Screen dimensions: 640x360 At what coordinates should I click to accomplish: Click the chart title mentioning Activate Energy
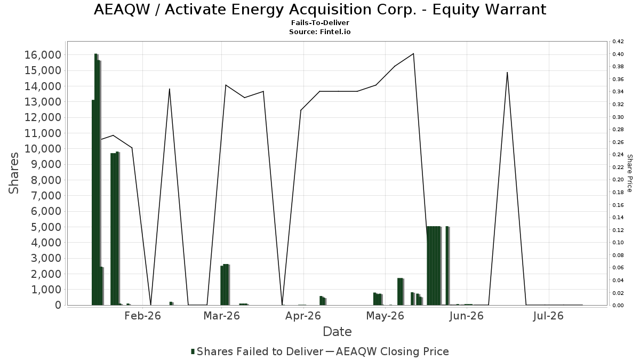(x=320, y=10)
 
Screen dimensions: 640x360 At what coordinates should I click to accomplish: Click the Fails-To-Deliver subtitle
(x=320, y=22)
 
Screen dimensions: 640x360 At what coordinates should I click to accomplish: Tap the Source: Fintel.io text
(x=319, y=31)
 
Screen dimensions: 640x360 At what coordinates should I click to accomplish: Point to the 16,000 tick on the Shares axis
(x=43, y=55)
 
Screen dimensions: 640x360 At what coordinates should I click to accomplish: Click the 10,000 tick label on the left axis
(x=43, y=149)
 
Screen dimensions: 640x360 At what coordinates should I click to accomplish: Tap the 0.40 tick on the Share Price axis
(x=618, y=54)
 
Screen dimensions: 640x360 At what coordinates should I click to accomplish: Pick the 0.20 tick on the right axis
(x=618, y=179)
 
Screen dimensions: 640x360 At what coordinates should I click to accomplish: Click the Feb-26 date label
(x=142, y=316)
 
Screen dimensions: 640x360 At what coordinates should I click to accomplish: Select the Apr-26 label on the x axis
(x=303, y=316)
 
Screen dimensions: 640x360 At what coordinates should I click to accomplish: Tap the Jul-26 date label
(x=548, y=316)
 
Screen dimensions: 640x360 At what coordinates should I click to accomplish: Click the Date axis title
(x=337, y=332)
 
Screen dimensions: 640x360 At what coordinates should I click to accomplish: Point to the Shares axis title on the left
(x=13, y=173)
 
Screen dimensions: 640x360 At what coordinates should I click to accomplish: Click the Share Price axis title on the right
(x=629, y=173)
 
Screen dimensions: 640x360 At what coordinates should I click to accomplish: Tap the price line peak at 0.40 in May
(x=413, y=53)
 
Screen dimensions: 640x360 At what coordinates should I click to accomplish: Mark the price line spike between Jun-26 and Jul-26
(x=507, y=73)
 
